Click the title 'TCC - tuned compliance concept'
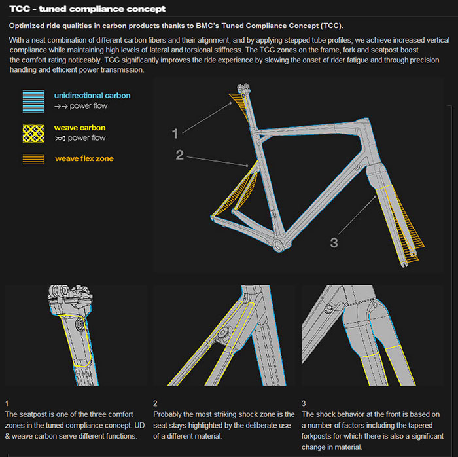coord(87,9)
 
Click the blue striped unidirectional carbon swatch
coord(33,101)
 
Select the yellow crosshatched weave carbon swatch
coord(33,134)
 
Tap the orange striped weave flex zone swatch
coord(33,159)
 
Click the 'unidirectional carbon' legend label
coord(92,96)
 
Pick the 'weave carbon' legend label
coord(80,128)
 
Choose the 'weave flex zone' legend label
coord(84,158)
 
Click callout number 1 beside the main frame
coord(175,134)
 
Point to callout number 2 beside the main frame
coord(180,155)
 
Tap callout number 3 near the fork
coord(334,242)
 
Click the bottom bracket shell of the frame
coord(279,245)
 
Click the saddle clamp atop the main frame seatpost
coord(244,88)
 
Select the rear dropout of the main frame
coord(213,218)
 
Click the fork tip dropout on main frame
coord(404,264)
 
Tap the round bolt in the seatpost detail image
coord(80,324)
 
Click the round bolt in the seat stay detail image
coord(222,333)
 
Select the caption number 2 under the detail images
coord(155,403)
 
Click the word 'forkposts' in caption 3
coord(316,436)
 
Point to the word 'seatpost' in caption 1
coord(33,414)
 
